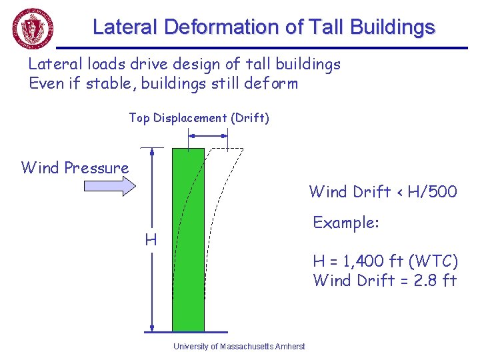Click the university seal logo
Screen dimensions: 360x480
point(33,29)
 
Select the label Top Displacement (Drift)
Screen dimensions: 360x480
point(199,118)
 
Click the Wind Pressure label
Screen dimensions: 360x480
point(75,167)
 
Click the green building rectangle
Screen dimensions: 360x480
point(188,240)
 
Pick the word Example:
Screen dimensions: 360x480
point(346,222)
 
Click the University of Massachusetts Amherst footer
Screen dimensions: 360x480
point(239,347)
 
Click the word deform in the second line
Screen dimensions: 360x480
point(271,83)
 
